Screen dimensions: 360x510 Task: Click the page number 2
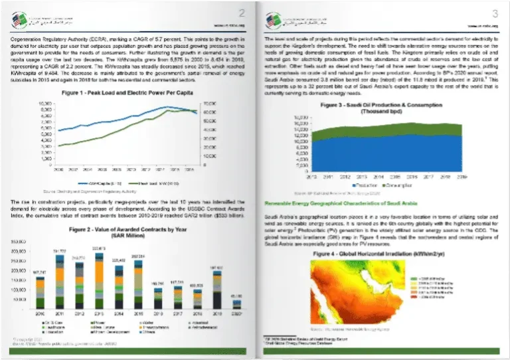[x=242, y=13]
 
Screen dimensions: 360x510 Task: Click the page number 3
[x=493, y=13]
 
